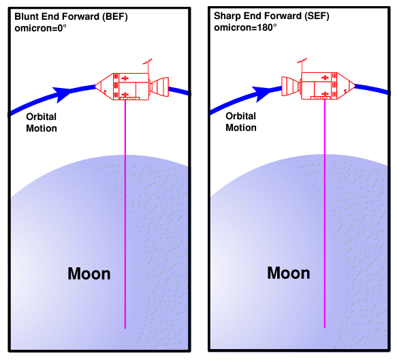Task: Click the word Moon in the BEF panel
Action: coord(89,274)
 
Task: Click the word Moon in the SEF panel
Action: coord(289,273)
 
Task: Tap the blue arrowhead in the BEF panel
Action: coord(62,94)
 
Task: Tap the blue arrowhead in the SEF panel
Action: coord(261,93)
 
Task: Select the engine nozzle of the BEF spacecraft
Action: coord(159,87)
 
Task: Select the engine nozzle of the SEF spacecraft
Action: coord(291,86)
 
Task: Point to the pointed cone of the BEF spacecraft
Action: coord(104,87)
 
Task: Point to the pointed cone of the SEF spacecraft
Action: coord(346,86)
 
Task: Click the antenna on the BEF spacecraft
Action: coord(148,65)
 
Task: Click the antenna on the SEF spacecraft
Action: coord(302,65)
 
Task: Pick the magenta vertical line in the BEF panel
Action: coord(125,214)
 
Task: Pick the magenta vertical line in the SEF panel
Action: coord(325,213)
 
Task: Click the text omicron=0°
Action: coord(40,28)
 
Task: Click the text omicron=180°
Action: coord(245,27)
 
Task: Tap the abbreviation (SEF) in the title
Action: coord(317,16)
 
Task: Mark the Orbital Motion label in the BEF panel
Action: coord(42,123)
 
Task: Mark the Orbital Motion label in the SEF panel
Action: coord(241,121)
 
